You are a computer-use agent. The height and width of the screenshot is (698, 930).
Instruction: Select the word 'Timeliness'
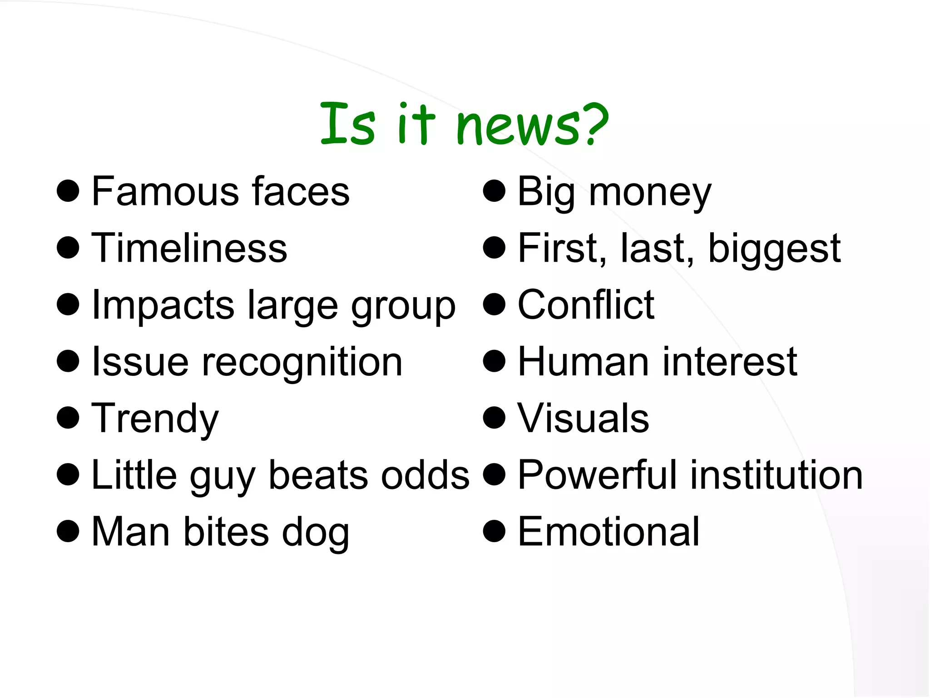click(189, 248)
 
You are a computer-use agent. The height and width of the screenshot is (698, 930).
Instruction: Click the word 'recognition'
click(302, 362)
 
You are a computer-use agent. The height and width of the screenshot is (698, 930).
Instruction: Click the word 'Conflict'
click(586, 305)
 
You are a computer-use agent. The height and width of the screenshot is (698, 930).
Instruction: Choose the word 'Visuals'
click(583, 419)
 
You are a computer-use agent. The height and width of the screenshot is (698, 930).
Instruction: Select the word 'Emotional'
click(608, 532)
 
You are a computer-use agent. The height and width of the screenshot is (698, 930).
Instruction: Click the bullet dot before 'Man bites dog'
click(68, 531)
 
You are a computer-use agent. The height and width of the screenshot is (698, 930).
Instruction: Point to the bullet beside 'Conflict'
click(495, 304)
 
